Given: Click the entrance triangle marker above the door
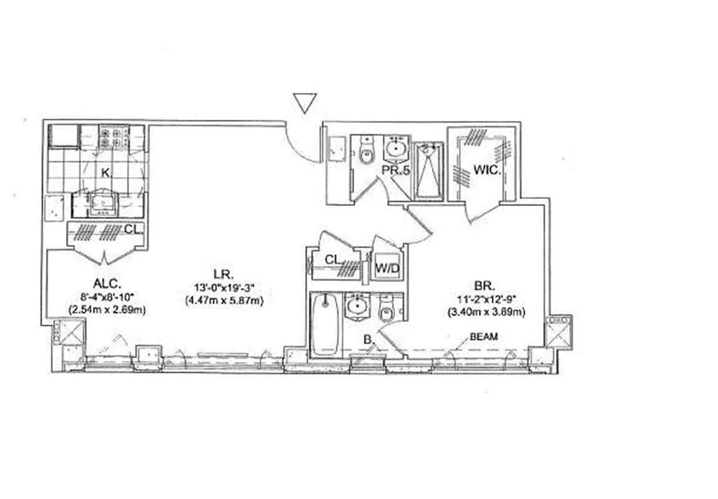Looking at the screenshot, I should point(305,102).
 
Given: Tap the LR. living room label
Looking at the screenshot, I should point(223,274).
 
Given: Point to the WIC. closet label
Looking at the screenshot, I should point(484,169).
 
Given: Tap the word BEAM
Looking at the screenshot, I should point(483,337).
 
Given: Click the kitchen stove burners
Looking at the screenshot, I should point(113,137).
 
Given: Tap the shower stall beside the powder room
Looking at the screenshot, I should point(428,170).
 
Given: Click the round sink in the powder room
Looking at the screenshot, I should point(395,148).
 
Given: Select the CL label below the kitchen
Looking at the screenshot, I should point(131,230).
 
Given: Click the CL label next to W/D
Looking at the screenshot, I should point(333,259).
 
